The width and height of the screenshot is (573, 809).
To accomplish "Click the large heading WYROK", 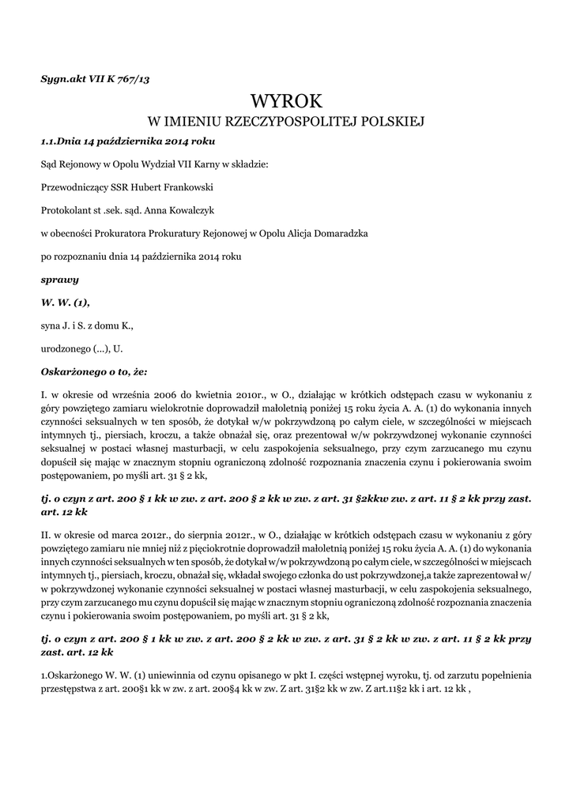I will click(286, 101).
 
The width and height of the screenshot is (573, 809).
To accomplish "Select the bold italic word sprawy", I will click(59, 280).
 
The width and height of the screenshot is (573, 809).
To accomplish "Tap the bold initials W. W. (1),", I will click(65, 302).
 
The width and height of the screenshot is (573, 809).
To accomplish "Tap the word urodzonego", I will click(66, 348).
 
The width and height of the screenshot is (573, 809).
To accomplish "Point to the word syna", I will click(50, 325).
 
